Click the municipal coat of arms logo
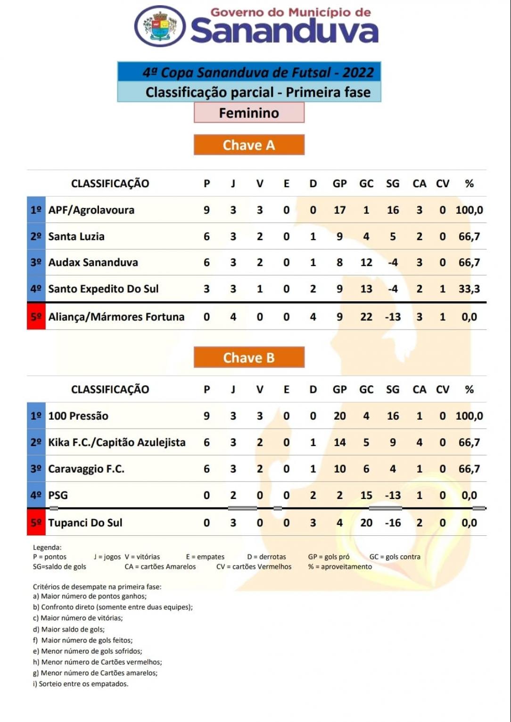[x=160, y=26]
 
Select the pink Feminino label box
[x=249, y=113]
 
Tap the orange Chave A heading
[x=249, y=145]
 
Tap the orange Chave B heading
[x=249, y=357]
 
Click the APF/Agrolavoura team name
[x=91, y=210]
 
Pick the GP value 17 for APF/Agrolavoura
[x=339, y=210]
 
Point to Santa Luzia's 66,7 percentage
[x=469, y=236]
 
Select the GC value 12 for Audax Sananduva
[x=366, y=262]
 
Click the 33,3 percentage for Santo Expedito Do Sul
[x=469, y=289]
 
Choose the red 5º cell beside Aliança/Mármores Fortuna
[x=36, y=317]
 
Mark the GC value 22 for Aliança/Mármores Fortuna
[x=366, y=317]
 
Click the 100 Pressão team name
[x=78, y=416]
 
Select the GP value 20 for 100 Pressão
[x=339, y=416]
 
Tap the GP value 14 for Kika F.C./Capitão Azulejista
[x=339, y=442]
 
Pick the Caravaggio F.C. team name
[x=86, y=469]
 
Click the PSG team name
[x=58, y=495]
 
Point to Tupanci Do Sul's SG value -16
[x=393, y=523]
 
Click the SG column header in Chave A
[x=393, y=183]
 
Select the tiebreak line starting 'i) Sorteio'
[x=81, y=684]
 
